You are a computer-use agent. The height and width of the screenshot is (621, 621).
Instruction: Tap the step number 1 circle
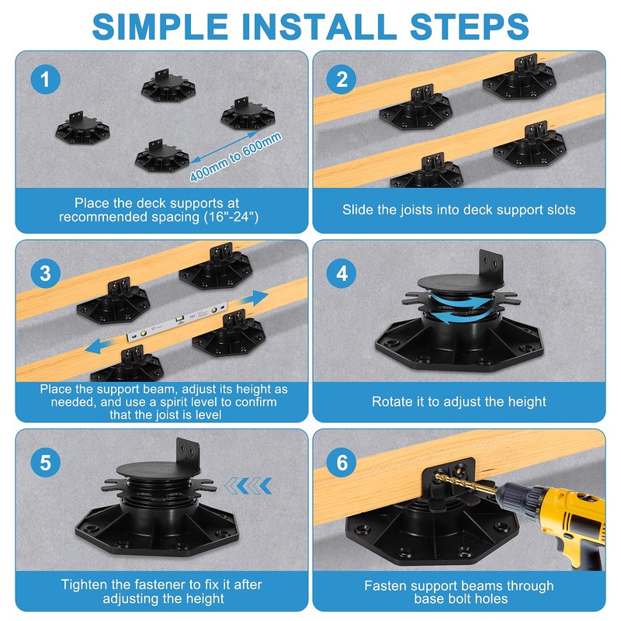pyautogui.click(x=46, y=80)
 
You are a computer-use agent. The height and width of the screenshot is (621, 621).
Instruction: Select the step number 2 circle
pyautogui.click(x=342, y=80)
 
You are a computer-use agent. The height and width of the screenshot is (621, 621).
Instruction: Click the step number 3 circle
pyautogui.click(x=46, y=273)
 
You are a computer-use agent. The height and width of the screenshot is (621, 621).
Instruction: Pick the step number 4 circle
pyautogui.click(x=342, y=273)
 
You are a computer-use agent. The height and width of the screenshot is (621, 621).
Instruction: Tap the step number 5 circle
pyautogui.click(x=46, y=463)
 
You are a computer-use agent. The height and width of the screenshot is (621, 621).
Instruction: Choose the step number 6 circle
pyautogui.click(x=342, y=463)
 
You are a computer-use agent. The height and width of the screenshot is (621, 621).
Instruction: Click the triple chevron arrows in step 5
pyautogui.click(x=248, y=486)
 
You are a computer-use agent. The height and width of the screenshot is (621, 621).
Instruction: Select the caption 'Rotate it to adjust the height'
pyautogui.click(x=459, y=401)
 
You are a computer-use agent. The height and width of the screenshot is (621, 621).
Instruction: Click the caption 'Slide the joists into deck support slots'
pyautogui.click(x=459, y=210)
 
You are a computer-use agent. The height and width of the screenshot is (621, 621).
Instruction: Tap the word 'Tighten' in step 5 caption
pyautogui.click(x=86, y=585)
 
